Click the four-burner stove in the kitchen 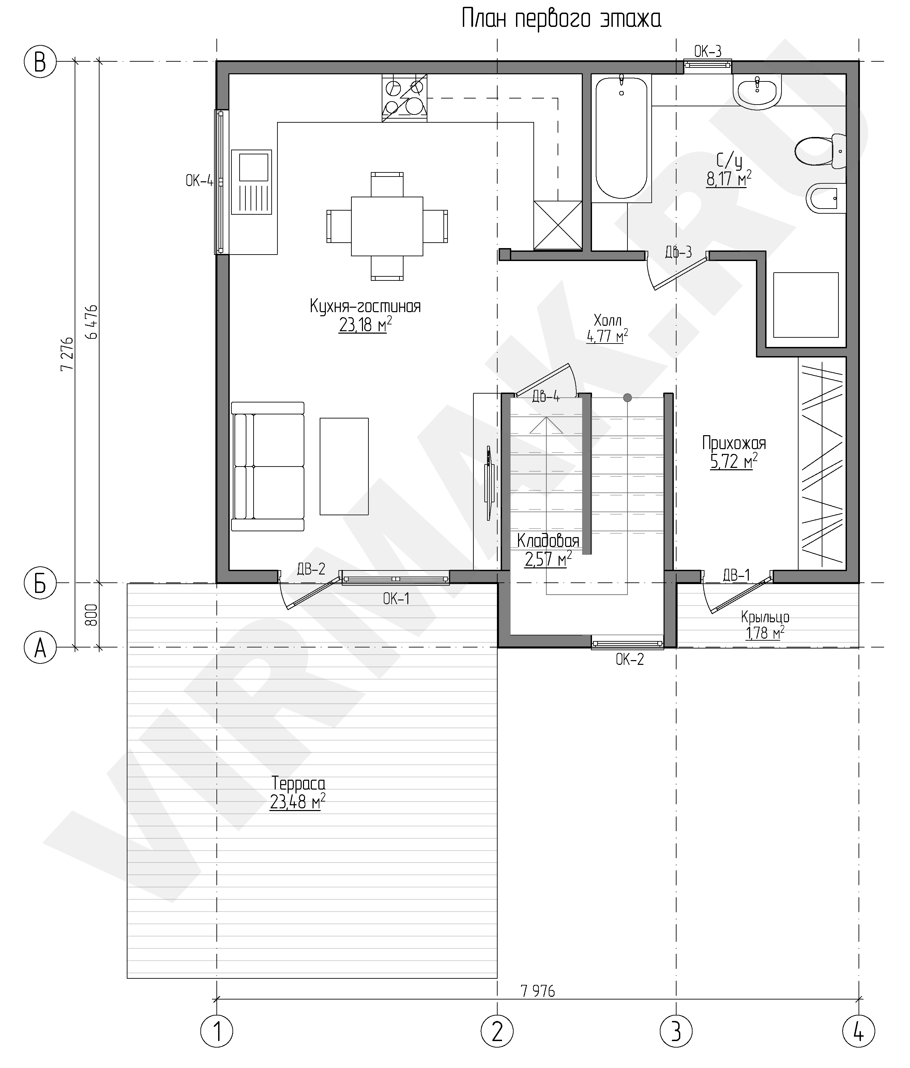point(404,98)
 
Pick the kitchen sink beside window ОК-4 point(251,182)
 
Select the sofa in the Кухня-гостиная point(268,467)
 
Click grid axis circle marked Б point(40,583)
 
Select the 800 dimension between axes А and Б point(91,614)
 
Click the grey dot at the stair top point(627,397)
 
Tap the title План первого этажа point(561,19)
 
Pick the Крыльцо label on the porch point(765,617)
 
